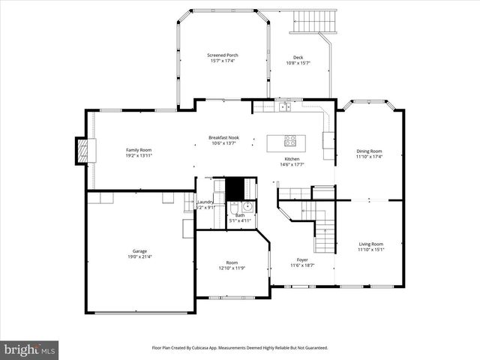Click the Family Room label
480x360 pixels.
[139, 150]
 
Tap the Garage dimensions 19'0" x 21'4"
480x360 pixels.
[139, 257]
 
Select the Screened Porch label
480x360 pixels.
[223, 55]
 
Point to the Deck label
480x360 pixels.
[298, 57]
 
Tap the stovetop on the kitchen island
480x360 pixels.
[289, 140]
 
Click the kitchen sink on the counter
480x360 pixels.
[284, 107]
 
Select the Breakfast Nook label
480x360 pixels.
[223, 138]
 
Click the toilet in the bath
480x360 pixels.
[233, 208]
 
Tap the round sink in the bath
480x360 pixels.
[247, 208]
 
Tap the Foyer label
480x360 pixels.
[301, 259]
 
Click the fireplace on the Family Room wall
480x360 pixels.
[82, 151]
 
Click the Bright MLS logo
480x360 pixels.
[30, 349]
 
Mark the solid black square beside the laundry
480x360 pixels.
[235, 187]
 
